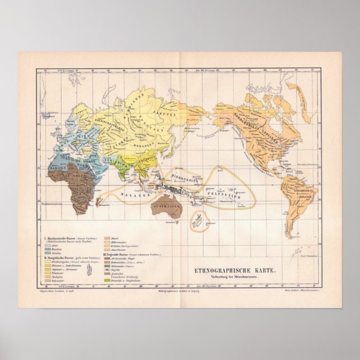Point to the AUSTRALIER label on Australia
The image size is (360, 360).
click(x=167, y=206)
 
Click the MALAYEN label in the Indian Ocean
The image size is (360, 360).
click(x=131, y=196)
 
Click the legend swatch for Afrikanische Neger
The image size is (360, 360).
click(x=106, y=260)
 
